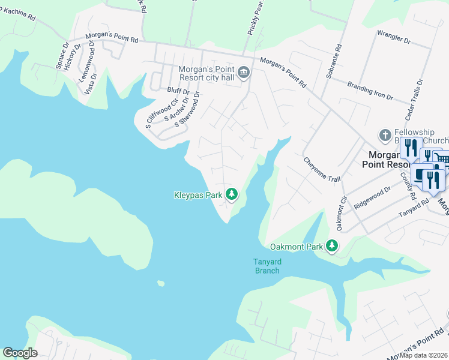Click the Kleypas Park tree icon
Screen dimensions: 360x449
(x=232, y=194)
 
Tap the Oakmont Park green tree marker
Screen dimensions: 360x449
(x=331, y=245)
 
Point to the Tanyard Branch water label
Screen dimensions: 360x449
(x=267, y=266)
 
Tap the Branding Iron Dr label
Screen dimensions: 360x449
(x=369, y=91)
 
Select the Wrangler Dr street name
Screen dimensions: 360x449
(x=394, y=38)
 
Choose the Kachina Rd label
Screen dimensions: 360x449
(x=18, y=15)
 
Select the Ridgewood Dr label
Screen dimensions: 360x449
(x=372, y=197)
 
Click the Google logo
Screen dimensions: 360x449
(x=20, y=353)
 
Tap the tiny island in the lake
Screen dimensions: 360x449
(x=160, y=283)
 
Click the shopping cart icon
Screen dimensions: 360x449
(x=441, y=158)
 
